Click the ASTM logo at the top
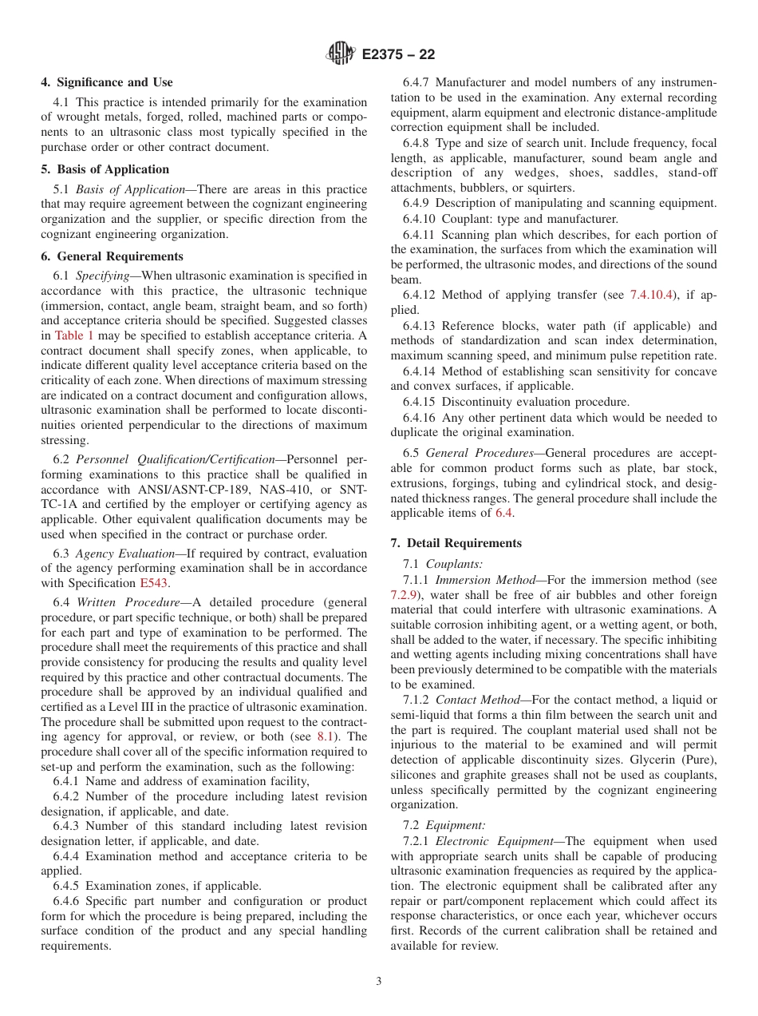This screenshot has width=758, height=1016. (341, 54)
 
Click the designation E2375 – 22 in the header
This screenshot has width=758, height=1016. (397, 55)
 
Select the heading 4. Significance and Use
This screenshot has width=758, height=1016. (106, 82)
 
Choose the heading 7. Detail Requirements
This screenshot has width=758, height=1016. (456, 543)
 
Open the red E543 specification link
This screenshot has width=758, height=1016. (154, 583)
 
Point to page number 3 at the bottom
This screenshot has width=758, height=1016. (379, 982)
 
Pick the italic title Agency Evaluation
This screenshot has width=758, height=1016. (125, 553)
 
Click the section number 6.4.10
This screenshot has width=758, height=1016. (419, 219)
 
